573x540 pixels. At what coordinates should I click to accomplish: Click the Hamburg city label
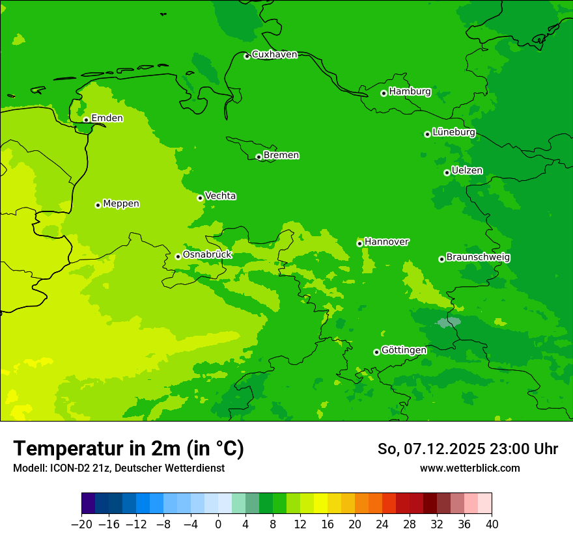410,92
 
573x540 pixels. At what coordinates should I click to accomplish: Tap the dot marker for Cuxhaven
247,56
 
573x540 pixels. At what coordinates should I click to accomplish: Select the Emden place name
107,118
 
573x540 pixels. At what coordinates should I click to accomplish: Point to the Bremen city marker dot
259,157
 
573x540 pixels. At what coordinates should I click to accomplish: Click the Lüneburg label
453,132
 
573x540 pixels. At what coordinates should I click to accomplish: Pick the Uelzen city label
467,170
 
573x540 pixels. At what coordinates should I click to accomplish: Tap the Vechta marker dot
200,198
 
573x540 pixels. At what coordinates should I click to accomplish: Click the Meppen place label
121,204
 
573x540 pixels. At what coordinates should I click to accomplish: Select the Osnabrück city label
207,255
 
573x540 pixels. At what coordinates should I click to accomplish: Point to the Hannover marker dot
359,243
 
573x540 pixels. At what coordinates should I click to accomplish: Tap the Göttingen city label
404,351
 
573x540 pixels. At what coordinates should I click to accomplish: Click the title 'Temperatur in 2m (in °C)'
129,448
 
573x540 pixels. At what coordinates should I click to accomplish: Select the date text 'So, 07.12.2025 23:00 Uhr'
468,449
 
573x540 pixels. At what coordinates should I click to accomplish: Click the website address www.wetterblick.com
469,468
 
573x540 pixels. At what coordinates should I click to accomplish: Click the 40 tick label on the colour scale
492,524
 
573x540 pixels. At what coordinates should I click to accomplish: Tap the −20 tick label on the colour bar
81,524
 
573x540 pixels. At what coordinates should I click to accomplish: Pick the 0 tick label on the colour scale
218,524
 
